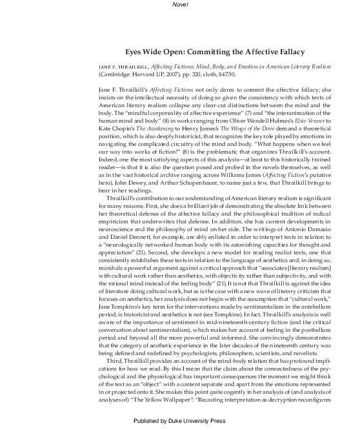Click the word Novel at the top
180,6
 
